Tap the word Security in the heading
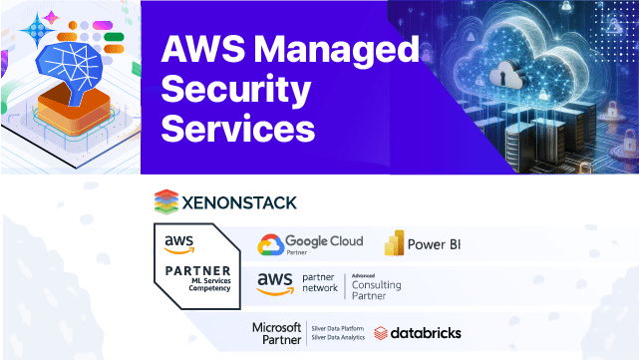tap(236, 90)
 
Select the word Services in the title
tap(239, 129)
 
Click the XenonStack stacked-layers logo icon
tap(166, 202)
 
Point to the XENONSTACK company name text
tap(239, 202)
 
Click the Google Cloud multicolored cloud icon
tap(270, 245)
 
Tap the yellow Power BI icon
tap(396, 243)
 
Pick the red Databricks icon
tap(383, 332)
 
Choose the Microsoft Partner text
tap(276, 332)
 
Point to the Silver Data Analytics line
tap(340, 339)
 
